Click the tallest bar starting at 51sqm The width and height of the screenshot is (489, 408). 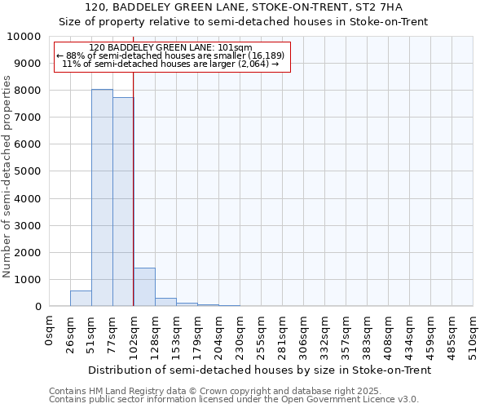coord(102,197)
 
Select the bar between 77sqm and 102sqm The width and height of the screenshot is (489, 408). coord(123,202)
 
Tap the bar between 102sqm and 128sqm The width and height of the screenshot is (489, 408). coord(144,286)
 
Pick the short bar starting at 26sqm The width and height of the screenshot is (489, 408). coord(81,299)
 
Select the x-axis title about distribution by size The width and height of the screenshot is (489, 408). coord(258,370)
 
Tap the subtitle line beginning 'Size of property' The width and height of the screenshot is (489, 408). coord(244,21)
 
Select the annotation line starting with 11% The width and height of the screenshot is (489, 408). coord(171,64)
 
